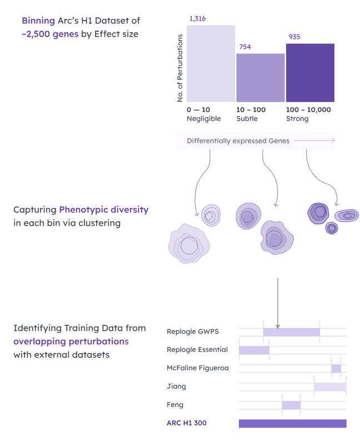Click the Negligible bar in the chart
tap(211, 63)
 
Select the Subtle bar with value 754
tap(260, 78)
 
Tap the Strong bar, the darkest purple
tap(310, 73)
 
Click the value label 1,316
tap(197, 19)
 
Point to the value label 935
tap(294, 37)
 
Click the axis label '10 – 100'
tap(251, 110)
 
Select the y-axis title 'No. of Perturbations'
tap(180, 68)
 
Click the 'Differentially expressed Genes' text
tap(238, 141)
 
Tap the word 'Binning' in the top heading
tap(38, 21)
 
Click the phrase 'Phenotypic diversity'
tap(103, 210)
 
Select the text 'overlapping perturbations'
tap(71, 341)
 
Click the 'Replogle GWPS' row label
tap(193, 332)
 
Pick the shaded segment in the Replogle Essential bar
tap(254, 350)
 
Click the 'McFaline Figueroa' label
tap(197, 368)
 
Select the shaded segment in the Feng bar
tap(291, 405)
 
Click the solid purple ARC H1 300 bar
tap(292, 424)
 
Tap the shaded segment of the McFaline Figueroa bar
tap(336, 369)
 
